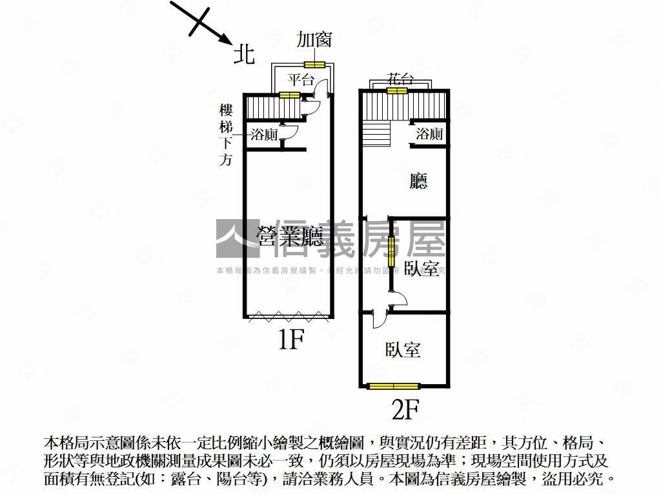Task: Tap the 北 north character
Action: tap(244, 54)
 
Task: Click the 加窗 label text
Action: tap(314, 39)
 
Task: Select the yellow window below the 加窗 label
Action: tap(314, 64)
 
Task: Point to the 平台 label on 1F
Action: tap(300, 81)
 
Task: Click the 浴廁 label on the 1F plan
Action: tap(264, 135)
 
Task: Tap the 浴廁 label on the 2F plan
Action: tap(429, 134)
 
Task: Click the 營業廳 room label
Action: tap(290, 237)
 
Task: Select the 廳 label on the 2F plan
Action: tap(418, 182)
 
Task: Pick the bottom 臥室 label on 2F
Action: tap(403, 350)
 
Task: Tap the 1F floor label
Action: tap(290, 339)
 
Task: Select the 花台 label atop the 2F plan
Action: tap(400, 79)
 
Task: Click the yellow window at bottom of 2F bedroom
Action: tap(394, 386)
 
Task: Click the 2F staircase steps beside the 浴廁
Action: tap(376, 133)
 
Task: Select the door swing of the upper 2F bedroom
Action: tap(398, 298)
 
